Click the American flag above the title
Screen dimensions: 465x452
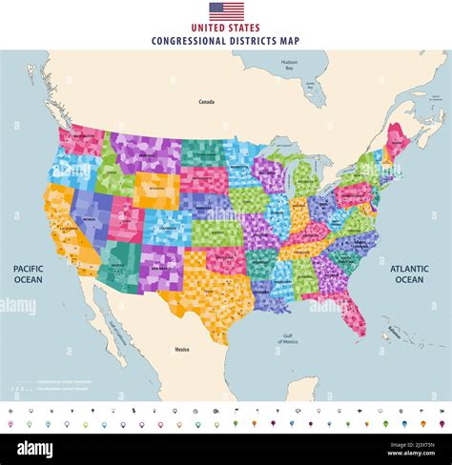coord(226,11)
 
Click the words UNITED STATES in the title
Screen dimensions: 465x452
coord(226,29)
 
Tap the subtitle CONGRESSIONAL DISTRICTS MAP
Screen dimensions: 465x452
coord(226,41)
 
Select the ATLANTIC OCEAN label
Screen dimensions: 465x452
coord(409,274)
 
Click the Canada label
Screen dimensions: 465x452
coord(206,101)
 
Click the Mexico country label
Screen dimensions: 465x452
coord(181,350)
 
